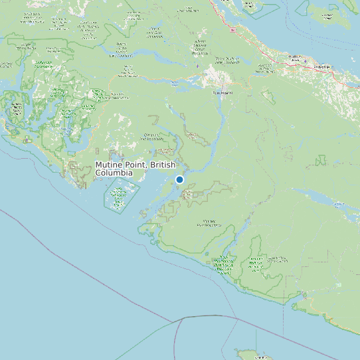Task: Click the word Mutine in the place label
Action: click(x=109, y=165)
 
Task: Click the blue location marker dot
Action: click(x=179, y=179)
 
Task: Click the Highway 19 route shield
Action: click(x=232, y=31)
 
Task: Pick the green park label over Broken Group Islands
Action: click(x=120, y=196)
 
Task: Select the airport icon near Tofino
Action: click(x=27, y=139)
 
